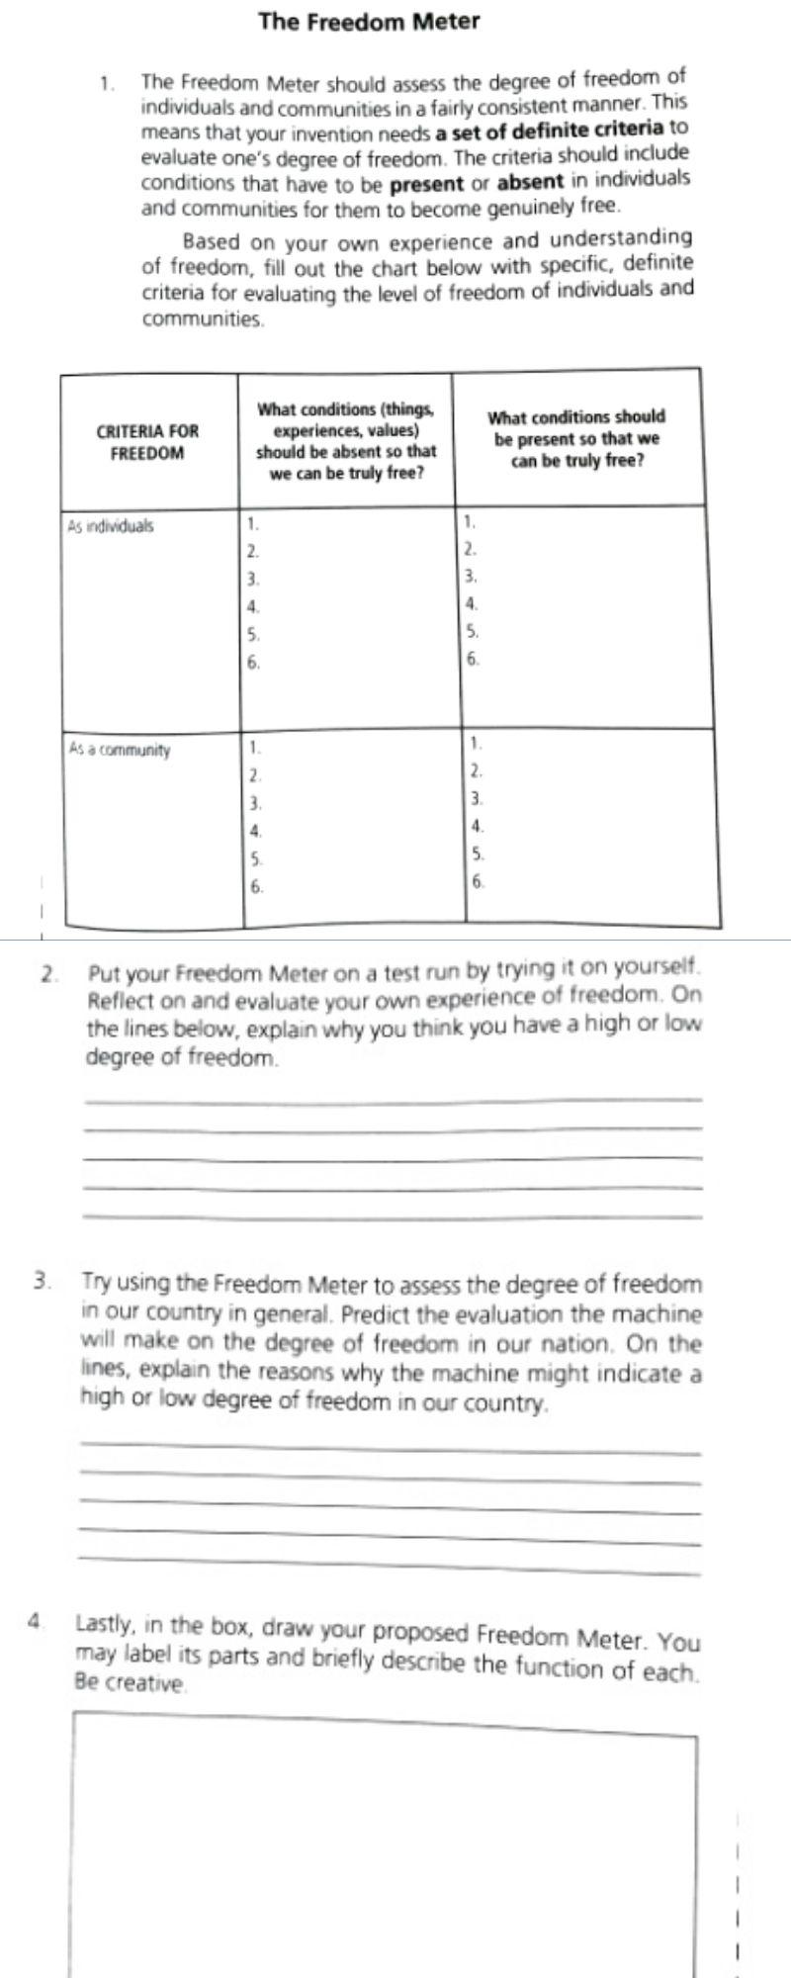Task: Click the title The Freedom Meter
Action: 369,21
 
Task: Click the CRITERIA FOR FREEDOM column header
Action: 146,442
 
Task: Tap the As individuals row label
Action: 110,526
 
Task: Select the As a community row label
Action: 119,750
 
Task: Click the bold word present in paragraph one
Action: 426,183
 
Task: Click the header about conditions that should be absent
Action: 345,440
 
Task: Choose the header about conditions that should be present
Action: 576,438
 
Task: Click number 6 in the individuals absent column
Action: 254,663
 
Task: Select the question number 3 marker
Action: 42,1281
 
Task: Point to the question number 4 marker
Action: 37,1621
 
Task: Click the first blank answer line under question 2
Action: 393,1100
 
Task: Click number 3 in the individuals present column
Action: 472,576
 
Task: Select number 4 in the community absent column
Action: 255,831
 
